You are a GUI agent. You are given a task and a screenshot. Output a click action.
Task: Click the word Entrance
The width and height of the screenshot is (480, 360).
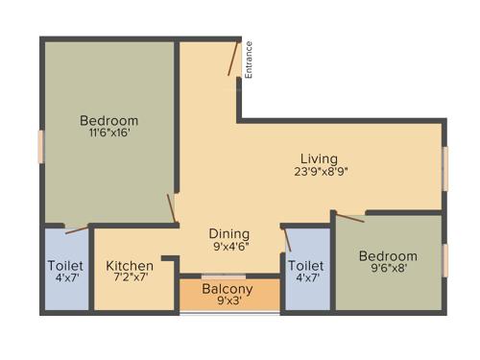pos(249,59)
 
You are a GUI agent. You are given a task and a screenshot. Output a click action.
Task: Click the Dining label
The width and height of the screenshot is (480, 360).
pos(229,233)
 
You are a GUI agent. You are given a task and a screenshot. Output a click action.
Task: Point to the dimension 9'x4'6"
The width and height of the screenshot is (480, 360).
pos(229,246)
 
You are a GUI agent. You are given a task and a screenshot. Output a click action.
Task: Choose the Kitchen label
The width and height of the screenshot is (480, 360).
pos(130,265)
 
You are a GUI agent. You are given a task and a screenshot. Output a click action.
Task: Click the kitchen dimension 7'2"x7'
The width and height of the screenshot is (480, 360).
pos(130,278)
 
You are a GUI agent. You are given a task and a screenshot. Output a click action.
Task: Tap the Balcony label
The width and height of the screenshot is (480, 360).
pos(228,289)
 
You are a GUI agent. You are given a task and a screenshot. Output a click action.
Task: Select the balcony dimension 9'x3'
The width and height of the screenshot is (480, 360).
pos(228,302)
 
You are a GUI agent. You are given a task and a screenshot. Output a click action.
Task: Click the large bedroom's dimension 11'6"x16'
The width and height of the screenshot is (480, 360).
pos(108,133)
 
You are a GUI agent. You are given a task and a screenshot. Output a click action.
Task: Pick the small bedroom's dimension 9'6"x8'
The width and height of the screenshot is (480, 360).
pos(388,270)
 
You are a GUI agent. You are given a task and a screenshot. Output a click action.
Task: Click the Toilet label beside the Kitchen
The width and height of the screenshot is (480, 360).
pos(65,265)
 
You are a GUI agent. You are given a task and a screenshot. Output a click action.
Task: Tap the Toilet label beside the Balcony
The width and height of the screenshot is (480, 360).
pos(306,265)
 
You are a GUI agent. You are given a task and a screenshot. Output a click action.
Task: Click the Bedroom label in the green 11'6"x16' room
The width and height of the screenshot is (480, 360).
pos(108,120)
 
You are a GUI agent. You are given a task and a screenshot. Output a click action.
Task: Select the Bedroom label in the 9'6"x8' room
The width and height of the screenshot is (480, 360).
pos(388,256)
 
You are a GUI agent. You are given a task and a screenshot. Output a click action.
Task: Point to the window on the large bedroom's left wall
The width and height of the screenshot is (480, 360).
pos(40,146)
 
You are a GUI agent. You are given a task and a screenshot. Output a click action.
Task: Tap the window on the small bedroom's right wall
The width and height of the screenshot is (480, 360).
pos(445,260)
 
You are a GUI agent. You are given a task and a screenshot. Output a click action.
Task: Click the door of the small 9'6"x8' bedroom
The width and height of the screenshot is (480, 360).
pos(349,217)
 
